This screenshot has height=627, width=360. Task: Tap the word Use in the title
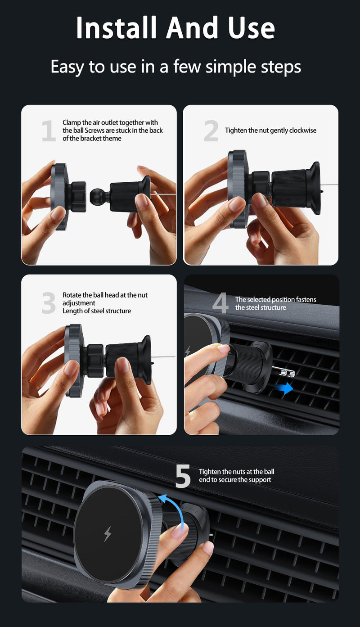[251, 28]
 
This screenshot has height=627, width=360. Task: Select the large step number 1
[49, 131]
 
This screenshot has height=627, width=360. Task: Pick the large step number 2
[211, 131]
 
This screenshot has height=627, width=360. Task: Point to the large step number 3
[49, 303]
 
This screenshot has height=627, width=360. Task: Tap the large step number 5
[183, 476]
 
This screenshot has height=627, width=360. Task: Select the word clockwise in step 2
[302, 131]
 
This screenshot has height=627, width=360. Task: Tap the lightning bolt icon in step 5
[108, 534]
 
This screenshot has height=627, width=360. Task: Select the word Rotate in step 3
[72, 295]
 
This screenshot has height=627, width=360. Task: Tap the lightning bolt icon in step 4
[188, 352]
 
